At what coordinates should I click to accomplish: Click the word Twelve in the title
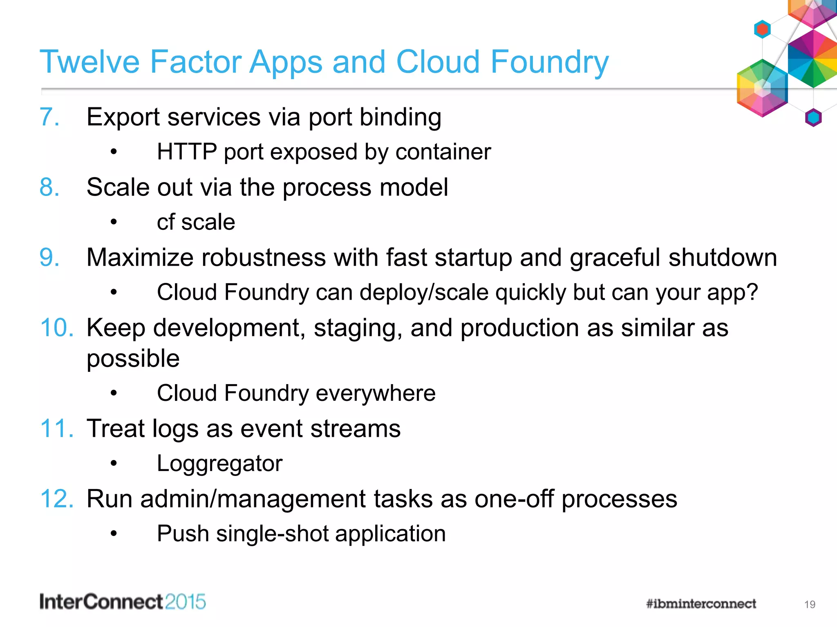click(x=90, y=62)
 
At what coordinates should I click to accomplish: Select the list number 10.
click(x=57, y=328)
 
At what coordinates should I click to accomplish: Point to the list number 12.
click(x=57, y=499)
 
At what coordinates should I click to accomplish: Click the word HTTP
click(x=187, y=152)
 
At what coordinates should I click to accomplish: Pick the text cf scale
click(x=196, y=222)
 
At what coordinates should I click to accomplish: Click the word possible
click(x=133, y=359)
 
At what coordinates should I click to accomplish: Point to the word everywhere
click(x=376, y=394)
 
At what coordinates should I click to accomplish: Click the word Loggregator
click(x=219, y=464)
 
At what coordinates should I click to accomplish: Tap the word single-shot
click(x=272, y=534)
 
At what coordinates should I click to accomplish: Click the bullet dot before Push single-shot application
click(x=114, y=534)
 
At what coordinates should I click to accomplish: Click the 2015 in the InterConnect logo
click(x=186, y=602)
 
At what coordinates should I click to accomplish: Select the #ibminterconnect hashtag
click(x=701, y=604)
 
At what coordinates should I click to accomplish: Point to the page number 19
click(x=810, y=605)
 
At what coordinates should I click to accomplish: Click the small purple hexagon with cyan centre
click(x=813, y=118)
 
